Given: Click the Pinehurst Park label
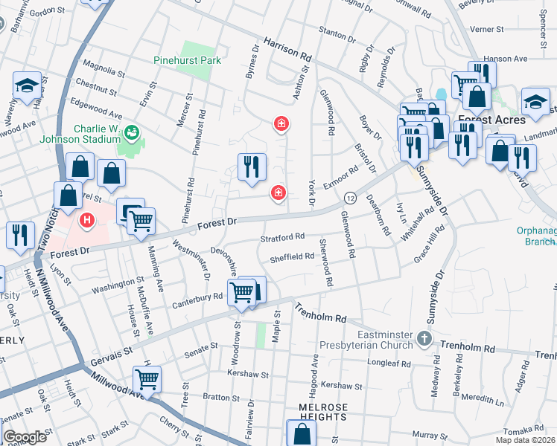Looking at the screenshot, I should click(x=183, y=60).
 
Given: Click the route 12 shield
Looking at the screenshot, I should click(x=348, y=197).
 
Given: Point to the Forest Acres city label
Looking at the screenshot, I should click(x=491, y=120).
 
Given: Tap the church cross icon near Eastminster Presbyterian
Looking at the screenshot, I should click(x=424, y=339).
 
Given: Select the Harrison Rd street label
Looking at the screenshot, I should click(x=285, y=51).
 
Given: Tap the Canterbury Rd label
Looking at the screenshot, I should click(x=197, y=297).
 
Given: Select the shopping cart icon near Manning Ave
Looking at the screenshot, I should click(x=140, y=221).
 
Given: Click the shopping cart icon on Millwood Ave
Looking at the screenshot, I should click(x=147, y=379).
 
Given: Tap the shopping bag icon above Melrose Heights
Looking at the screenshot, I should click(x=301, y=433).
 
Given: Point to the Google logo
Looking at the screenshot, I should click(x=25, y=436).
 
